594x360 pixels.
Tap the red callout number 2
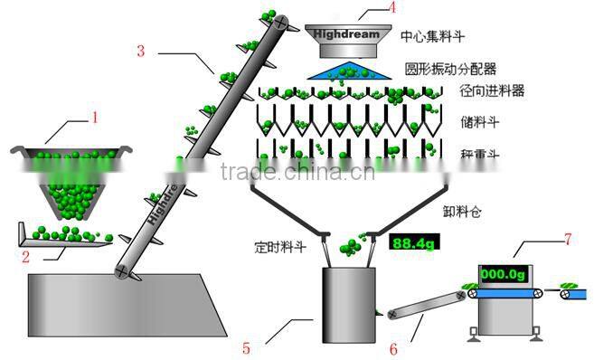(x=26, y=257)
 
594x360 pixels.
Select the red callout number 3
(x=141, y=51)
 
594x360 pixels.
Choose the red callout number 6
(x=393, y=346)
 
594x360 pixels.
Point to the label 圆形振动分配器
(x=452, y=69)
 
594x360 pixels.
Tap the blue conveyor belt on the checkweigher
(x=502, y=293)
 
